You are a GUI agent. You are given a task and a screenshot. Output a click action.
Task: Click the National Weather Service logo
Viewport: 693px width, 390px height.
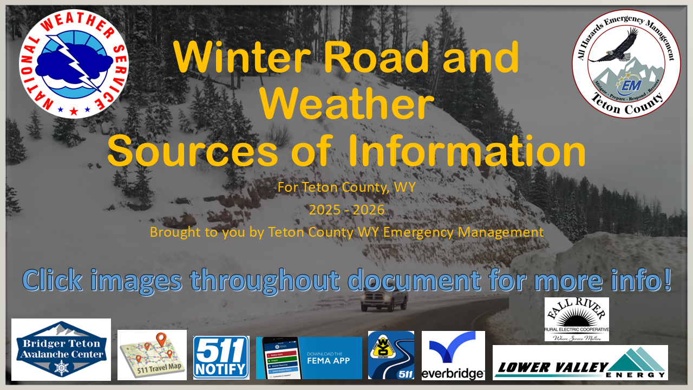pyautogui.click(x=74, y=64)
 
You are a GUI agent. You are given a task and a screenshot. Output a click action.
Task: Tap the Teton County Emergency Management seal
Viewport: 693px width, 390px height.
pyautogui.click(x=626, y=63)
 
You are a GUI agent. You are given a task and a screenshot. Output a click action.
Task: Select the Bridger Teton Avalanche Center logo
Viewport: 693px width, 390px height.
pyautogui.click(x=61, y=349)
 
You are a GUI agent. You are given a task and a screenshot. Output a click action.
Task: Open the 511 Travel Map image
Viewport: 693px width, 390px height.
pyautogui.click(x=152, y=354)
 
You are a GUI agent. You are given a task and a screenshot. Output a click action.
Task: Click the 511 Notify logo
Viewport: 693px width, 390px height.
pyautogui.click(x=221, y=357)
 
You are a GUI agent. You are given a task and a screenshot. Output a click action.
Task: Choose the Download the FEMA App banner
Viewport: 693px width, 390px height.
pyautogui.click(x=309, y=357)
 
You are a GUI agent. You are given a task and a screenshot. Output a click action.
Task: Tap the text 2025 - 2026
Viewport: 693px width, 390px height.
pyautogui.click(x=346, y=210)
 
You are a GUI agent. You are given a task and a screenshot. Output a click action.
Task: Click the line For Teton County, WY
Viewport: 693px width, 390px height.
pyautogui.click(x=346, y=187)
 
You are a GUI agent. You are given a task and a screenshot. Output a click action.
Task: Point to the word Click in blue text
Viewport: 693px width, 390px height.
pyautogui.click(x=53, y=280)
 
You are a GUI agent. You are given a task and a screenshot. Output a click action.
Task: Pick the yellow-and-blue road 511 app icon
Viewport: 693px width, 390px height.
pyautogui.click(x=391, y=355)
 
